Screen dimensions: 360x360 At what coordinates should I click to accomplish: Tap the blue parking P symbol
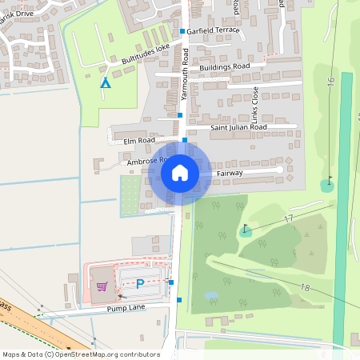click(140, 283)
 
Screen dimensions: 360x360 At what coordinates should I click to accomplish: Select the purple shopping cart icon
click(102, 286)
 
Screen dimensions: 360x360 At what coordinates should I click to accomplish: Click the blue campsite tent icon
click(104, 82)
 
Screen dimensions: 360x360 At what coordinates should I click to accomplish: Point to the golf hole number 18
click(305, 287)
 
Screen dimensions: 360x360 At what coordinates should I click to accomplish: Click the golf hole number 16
click(330, 83)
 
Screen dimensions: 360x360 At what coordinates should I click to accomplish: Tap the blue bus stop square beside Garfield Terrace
click(182, 31)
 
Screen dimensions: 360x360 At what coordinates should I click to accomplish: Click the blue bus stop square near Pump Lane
click(180, 300)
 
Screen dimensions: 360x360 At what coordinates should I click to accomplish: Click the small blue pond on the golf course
click(210, 295)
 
